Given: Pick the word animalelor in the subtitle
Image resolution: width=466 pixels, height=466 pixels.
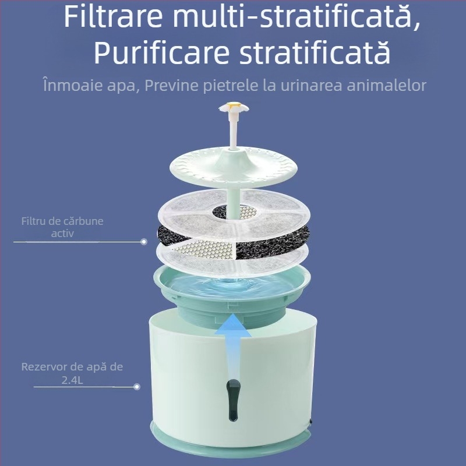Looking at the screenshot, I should tap(390, 86).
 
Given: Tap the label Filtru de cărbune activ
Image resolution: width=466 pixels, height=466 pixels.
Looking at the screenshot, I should tap(66, 227).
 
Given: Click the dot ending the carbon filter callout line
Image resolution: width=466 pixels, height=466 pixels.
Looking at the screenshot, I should tap(144, 241).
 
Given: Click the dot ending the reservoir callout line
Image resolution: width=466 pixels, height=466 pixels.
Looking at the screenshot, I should tap(137, 386).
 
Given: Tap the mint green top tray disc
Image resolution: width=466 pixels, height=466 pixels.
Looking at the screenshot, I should tap(192, 166).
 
